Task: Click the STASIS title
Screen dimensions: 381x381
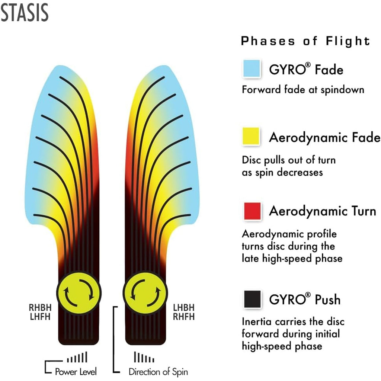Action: coord(25,13)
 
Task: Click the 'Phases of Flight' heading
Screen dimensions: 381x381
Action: coord(305,41)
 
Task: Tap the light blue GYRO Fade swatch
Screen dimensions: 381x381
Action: coord(252,68)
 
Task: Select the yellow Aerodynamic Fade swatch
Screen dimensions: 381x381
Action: coord(252,136)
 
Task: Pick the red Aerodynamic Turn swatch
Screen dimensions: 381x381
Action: coord(253,211)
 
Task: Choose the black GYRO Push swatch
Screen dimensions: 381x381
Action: coord(253,299)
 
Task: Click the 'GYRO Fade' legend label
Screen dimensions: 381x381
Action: coord(306,69)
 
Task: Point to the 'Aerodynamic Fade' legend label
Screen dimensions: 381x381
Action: coord(324,137)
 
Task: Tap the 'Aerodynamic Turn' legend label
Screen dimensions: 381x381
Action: coord(323,211)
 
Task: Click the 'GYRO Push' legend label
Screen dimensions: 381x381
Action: coord(305,299)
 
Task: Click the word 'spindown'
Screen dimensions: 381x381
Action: coord(343,90)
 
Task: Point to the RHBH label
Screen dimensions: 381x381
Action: coord(40,308)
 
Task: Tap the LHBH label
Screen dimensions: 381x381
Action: coord(184,308)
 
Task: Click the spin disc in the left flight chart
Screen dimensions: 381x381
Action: coord(79,293)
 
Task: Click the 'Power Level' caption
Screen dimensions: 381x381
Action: coord(76,372)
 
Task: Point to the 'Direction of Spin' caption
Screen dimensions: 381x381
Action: coord(158,372)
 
